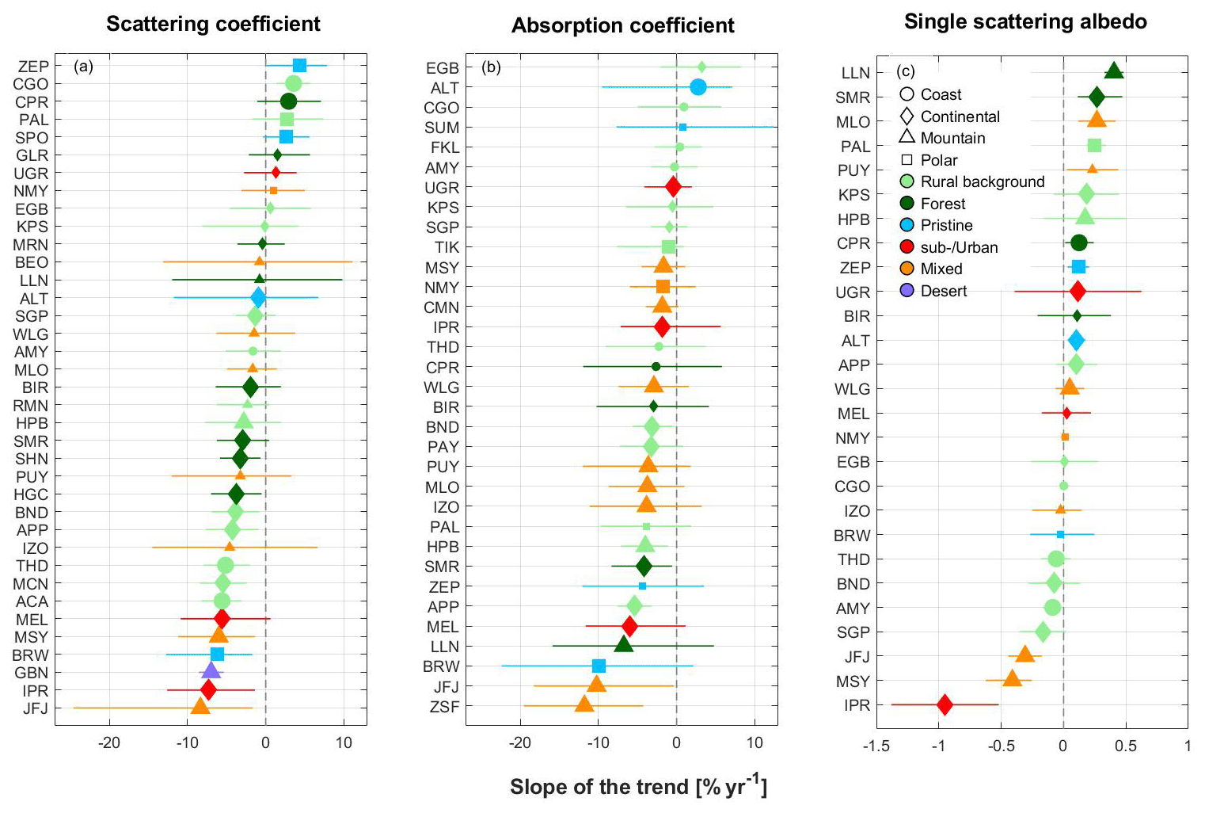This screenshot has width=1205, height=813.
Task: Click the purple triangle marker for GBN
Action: (x=211, y=672)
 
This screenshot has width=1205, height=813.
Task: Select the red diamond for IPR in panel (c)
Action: (x=945, y=704)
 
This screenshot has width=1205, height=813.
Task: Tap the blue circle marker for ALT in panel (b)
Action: (x=698, y=87)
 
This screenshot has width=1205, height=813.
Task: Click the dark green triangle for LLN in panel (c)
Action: (x=1113, y=71)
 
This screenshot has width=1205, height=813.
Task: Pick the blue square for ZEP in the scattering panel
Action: (x=299, y=66)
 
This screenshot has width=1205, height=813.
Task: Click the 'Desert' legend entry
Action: (x=943, y=291)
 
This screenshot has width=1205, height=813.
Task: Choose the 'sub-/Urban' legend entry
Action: (x=959, y=247)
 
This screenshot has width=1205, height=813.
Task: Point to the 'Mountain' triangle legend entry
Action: (x=952, y=138)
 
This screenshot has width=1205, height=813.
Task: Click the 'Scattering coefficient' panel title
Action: (x=213, y=24)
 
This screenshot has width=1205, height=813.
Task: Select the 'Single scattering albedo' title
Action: (x=1025, y=21)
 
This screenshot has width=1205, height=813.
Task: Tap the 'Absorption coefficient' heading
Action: (x=623, y=25)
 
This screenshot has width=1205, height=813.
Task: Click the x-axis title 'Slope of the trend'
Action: (x=638, y=786)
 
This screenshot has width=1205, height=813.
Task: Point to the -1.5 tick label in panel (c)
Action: (x=876, y=746)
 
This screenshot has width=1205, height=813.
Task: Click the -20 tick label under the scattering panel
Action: (x=108, y=742)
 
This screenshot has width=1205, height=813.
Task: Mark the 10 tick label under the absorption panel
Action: (x=755, y=742)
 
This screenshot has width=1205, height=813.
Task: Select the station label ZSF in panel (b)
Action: (x=443, y=707)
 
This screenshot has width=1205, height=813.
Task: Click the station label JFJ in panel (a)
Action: (x=36, y=708)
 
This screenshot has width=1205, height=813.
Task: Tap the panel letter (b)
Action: (x=491, y=67)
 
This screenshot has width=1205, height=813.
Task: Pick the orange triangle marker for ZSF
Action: (x=584, y=704)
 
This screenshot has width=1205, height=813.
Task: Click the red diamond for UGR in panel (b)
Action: (x=673, y=187)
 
